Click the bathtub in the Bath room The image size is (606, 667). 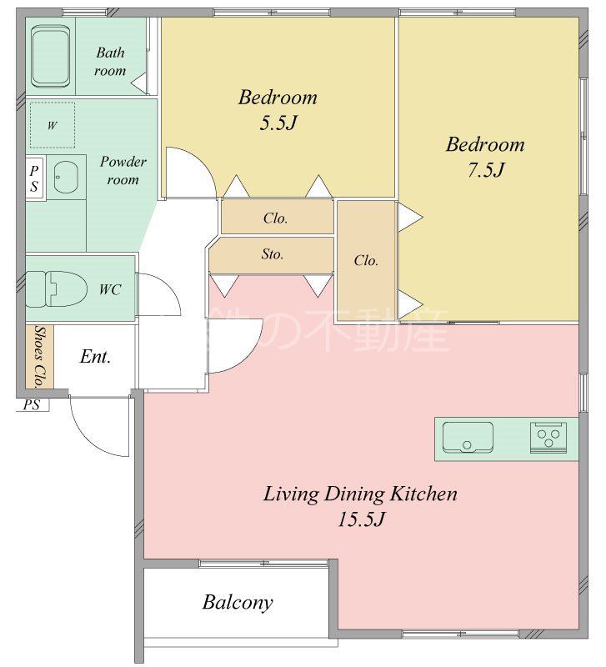(51, 56)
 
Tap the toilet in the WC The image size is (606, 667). (55, 288)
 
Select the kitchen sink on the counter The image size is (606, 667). (468, 437)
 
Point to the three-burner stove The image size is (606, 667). (548, 437)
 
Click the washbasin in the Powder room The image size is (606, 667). (66, 177)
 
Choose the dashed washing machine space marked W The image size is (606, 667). (52, 125)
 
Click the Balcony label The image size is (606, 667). (238, 603)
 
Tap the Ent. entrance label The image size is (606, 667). (95, 357)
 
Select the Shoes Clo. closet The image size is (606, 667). (39, 357)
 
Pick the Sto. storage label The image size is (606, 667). (273, 254)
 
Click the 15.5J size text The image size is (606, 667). (361, 519)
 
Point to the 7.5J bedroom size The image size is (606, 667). (486, 170)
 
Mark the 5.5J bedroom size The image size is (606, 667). (278, 123)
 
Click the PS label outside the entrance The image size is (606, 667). (31, 404)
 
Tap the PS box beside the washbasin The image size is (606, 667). (35, 178)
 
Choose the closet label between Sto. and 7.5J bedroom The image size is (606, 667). (366, 260)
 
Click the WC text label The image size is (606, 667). (110, 289)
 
